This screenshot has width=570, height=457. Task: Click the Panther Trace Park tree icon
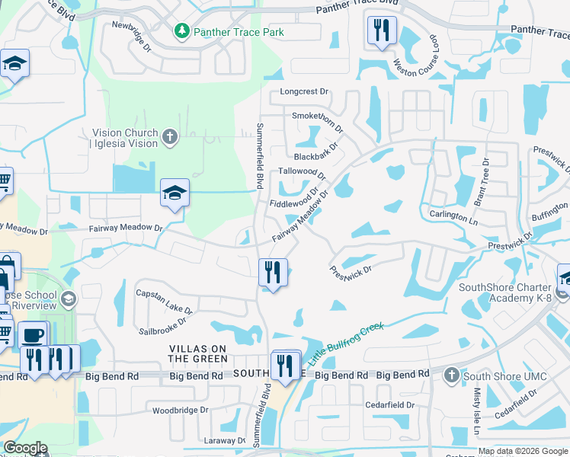point(182,31)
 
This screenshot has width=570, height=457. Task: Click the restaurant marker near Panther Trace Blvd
point(379,31)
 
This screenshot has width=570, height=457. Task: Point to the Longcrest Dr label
point(303,91)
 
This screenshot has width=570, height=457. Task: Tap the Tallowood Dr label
point(303,172)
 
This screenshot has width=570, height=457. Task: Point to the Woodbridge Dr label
point(180,410)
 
